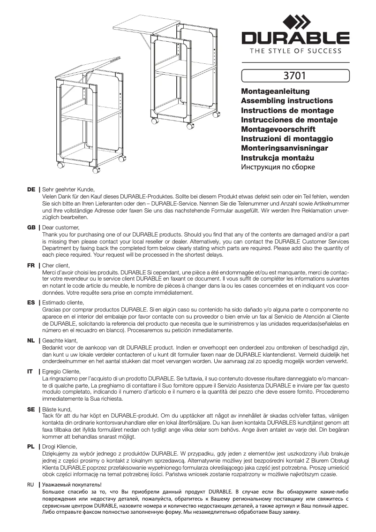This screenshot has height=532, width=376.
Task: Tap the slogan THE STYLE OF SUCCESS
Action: pos(295,51)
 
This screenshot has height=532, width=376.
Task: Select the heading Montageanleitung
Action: pos(269,91)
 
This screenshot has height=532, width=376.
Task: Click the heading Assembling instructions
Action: pos(286,101)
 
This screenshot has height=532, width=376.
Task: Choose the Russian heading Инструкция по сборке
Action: pos(278,167)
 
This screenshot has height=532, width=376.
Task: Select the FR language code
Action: pos(31,265)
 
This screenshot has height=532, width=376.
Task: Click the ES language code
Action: pos(31,303)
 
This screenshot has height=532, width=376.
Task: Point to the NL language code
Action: pos(31,340)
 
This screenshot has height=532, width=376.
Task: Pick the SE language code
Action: pos(31,409)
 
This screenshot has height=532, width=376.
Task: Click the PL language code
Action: pos(31,447)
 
